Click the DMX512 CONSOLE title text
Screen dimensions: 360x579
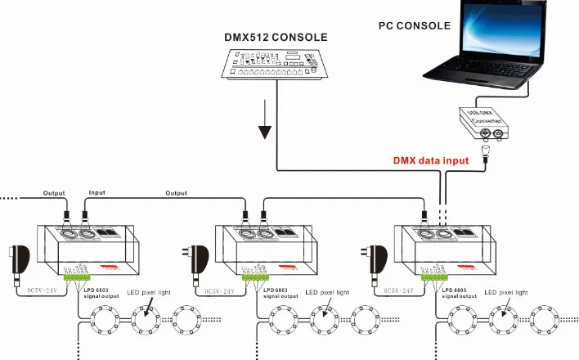point(276,38)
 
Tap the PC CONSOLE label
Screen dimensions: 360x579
point(415,26)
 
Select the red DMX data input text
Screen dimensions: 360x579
point(431,161)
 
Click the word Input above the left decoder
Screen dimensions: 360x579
point(96,193)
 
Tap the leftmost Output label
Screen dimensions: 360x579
point(54,193)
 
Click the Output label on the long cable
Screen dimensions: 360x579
point(176,193)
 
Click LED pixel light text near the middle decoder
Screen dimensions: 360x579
point(326,291)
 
